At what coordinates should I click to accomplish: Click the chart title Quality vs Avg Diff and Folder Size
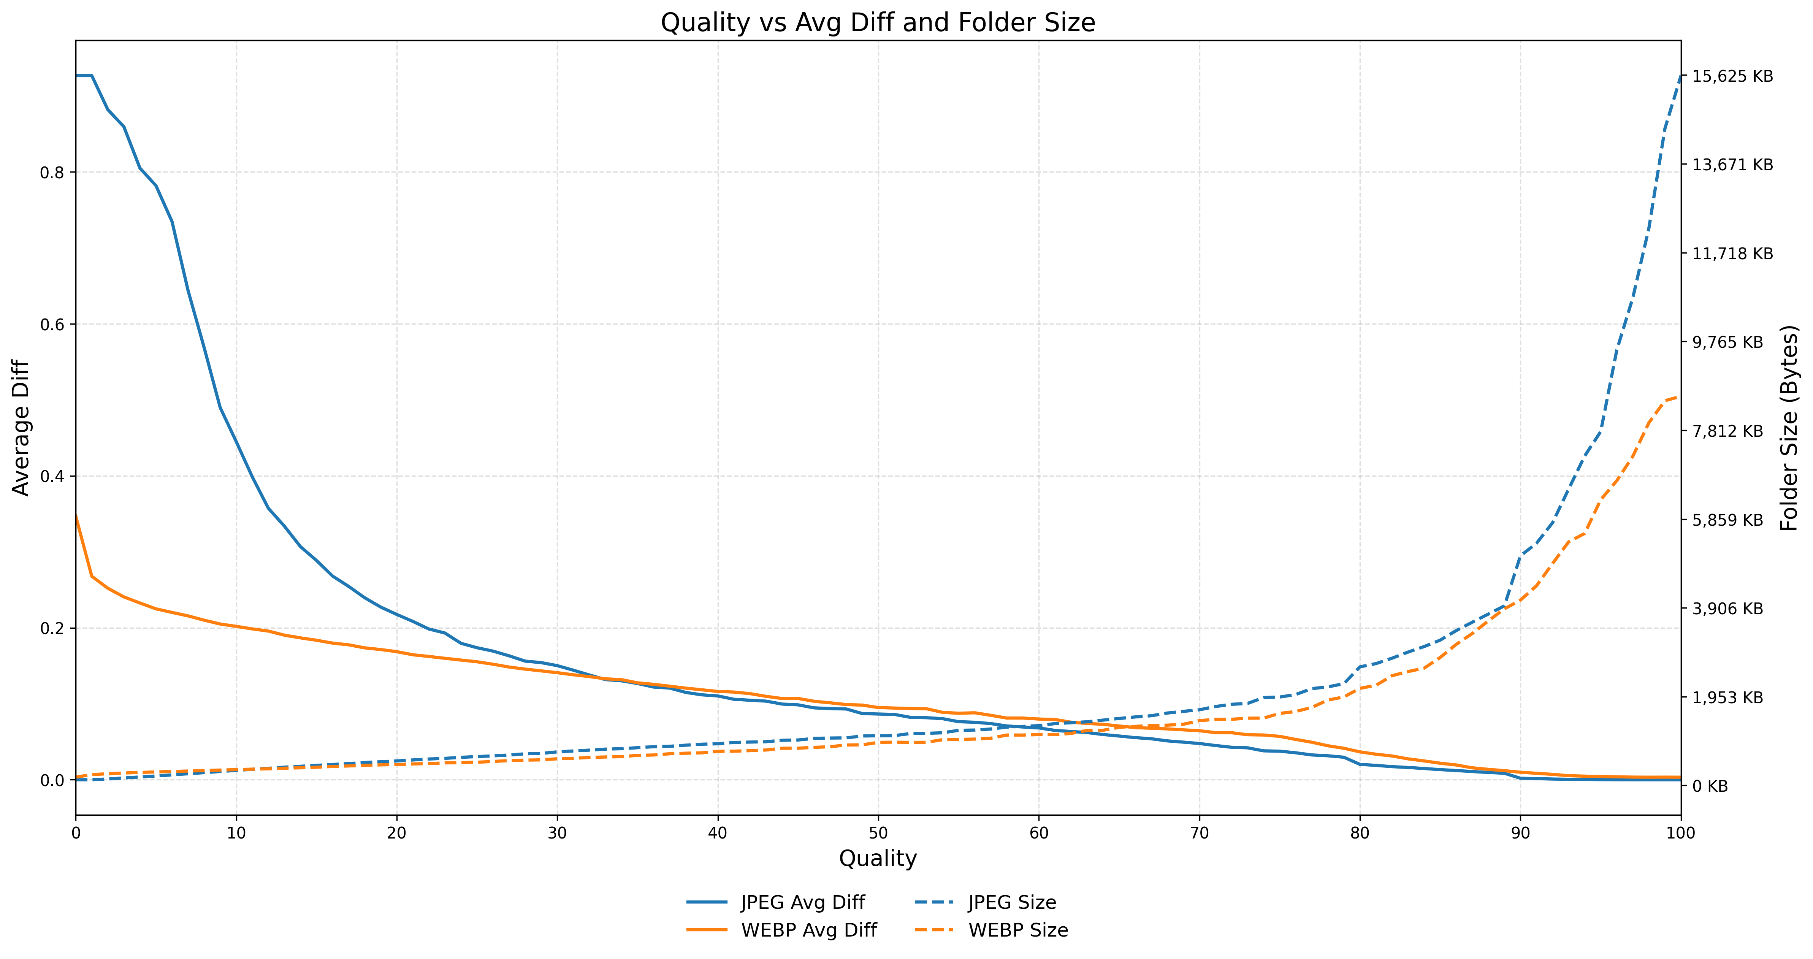[x=878, y=23]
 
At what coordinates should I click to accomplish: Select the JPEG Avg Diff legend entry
[x=802, y=903]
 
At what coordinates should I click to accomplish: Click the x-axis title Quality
[x=878, y=858]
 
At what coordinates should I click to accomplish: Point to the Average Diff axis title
[x=21, y=428]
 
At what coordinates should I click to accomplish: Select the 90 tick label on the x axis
[x=1520, y=833]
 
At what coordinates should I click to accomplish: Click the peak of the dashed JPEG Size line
[x=1680, y=76]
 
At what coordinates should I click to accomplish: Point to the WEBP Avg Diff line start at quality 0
[x=76, y=516]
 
